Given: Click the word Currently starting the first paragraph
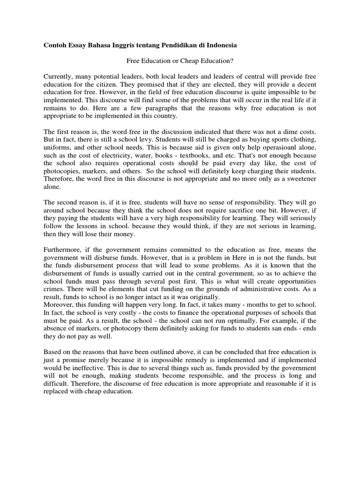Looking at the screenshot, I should pos(59,76).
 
